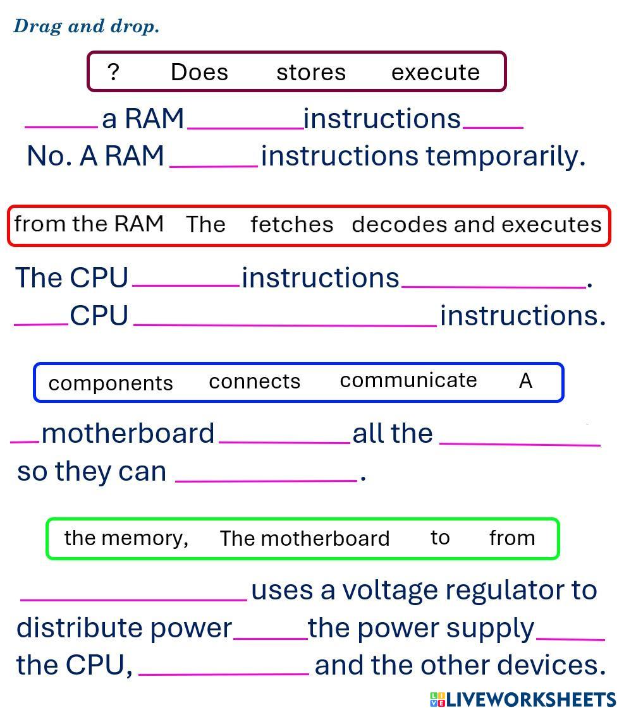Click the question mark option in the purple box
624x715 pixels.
click(113, 72)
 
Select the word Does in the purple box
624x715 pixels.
click(199, 72)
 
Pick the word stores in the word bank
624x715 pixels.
click(311, 72)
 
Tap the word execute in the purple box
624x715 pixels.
click(436, 72)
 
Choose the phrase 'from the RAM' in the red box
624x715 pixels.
click(89, 224)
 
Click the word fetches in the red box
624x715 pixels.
click(291, 224)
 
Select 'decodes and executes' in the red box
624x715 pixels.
click(476, 224)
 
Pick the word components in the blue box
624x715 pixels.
click(111, 383)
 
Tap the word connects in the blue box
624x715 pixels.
click(254, 382)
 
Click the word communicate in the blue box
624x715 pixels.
click(408, 380)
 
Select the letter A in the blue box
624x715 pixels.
click(525, 381)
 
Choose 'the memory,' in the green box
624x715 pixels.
click(126, 538)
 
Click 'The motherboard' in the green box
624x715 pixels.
click(304, 539)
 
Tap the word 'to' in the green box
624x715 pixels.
click(440, 538)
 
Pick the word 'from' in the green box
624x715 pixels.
click(512, 538)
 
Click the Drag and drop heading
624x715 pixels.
click(86, 27)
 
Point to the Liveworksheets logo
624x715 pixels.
click(523, 699)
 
